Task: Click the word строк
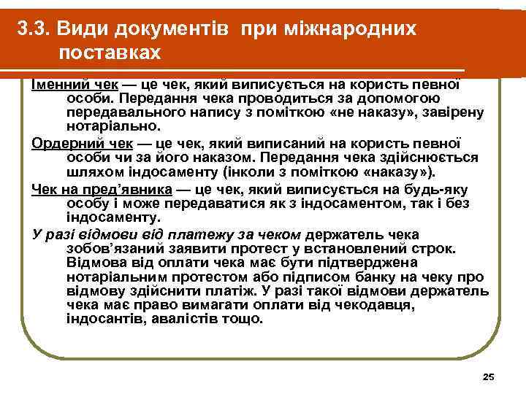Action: click(419, 248)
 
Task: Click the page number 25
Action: click(489, 376)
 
